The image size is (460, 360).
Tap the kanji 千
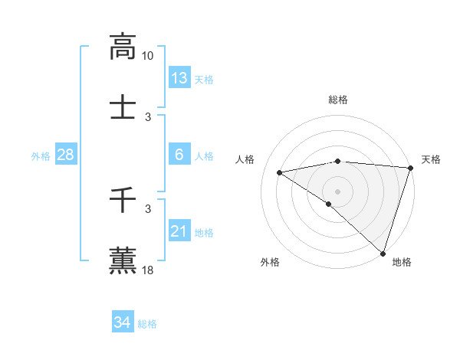(123, 201)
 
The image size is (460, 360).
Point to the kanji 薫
(123, 260)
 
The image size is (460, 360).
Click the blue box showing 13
(179, 77)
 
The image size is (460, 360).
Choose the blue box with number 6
(179, 155)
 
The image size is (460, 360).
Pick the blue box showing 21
(179, 231)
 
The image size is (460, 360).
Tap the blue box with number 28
(65, 155)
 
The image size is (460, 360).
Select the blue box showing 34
(122, 322)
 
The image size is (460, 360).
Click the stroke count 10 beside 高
(148, 56)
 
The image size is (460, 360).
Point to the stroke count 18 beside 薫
(148, 270)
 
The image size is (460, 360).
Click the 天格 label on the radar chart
(431, 159)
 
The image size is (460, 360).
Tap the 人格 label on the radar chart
(246, 159)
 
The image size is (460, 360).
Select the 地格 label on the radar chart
(402, 262)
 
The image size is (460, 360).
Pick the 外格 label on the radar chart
(270, 262)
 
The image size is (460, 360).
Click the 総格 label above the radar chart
(338, 100)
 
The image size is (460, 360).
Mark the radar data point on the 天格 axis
(411, 168)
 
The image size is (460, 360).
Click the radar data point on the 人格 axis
(280, 172)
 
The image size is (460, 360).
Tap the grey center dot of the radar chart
(338, 191)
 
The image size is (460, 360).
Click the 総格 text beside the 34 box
(147, 324)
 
